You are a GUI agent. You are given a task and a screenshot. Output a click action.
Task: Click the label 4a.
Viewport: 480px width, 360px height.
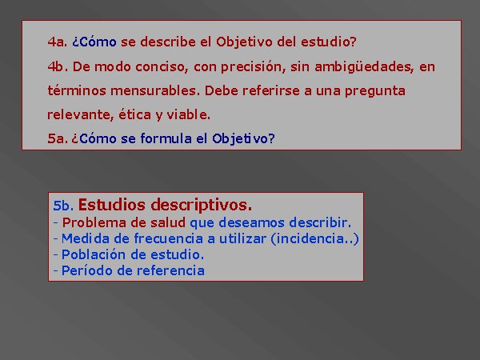pos(58,42)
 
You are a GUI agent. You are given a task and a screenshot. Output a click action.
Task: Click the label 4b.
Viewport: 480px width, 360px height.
pos(58,66)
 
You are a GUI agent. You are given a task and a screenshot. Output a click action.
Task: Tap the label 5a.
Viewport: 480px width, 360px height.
pos(58,138)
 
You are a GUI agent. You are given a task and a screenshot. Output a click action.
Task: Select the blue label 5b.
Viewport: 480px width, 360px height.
pos(63,206)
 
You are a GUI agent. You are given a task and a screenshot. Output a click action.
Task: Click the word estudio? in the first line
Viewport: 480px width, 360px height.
pos(329,42)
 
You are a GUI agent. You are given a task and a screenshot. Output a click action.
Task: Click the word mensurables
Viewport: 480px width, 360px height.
pos(155,91)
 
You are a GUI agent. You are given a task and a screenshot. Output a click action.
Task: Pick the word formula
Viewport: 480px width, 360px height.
pos(166,138)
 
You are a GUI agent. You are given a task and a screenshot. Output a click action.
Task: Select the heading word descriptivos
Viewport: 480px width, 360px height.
pos(202,206)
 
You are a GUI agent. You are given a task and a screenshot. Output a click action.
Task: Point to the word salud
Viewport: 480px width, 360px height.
pos(168,222)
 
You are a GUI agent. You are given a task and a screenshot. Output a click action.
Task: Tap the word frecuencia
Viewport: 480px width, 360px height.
pos(168,238)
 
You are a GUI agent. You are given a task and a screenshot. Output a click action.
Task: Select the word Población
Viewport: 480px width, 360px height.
pos(94,254)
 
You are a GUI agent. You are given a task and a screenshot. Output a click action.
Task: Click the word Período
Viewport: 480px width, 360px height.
pos(87,270)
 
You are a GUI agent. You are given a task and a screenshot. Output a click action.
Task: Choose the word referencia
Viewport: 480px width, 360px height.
pos(170,270)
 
